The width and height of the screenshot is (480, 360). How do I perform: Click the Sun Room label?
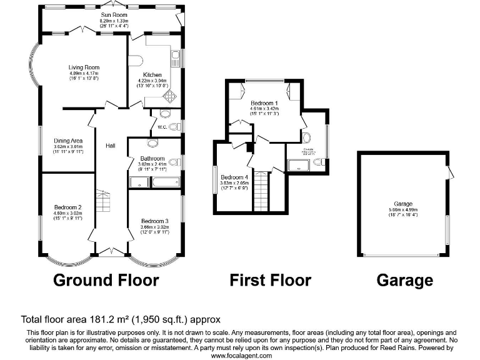tap(113, 14)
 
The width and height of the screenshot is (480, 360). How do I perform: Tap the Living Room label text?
tap(84, 67)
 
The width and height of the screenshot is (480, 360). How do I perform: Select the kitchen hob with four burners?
tap(169, 96)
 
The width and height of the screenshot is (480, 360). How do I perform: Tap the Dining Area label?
tap(68, 141)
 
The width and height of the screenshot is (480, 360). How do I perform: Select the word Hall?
tap(110, 146)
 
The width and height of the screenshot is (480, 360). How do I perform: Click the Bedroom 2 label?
tap(68, 207)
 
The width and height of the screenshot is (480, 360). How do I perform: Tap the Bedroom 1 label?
tap(263, 101)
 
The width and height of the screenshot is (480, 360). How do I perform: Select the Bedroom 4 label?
tap(234, 177)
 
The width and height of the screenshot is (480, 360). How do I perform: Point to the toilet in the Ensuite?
tap(319, 162)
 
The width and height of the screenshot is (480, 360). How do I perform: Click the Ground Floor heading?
tap(106, 280)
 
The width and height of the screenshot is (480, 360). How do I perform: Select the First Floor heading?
tap(270, 280)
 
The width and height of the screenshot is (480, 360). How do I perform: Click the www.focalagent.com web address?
tap(241, 355)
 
